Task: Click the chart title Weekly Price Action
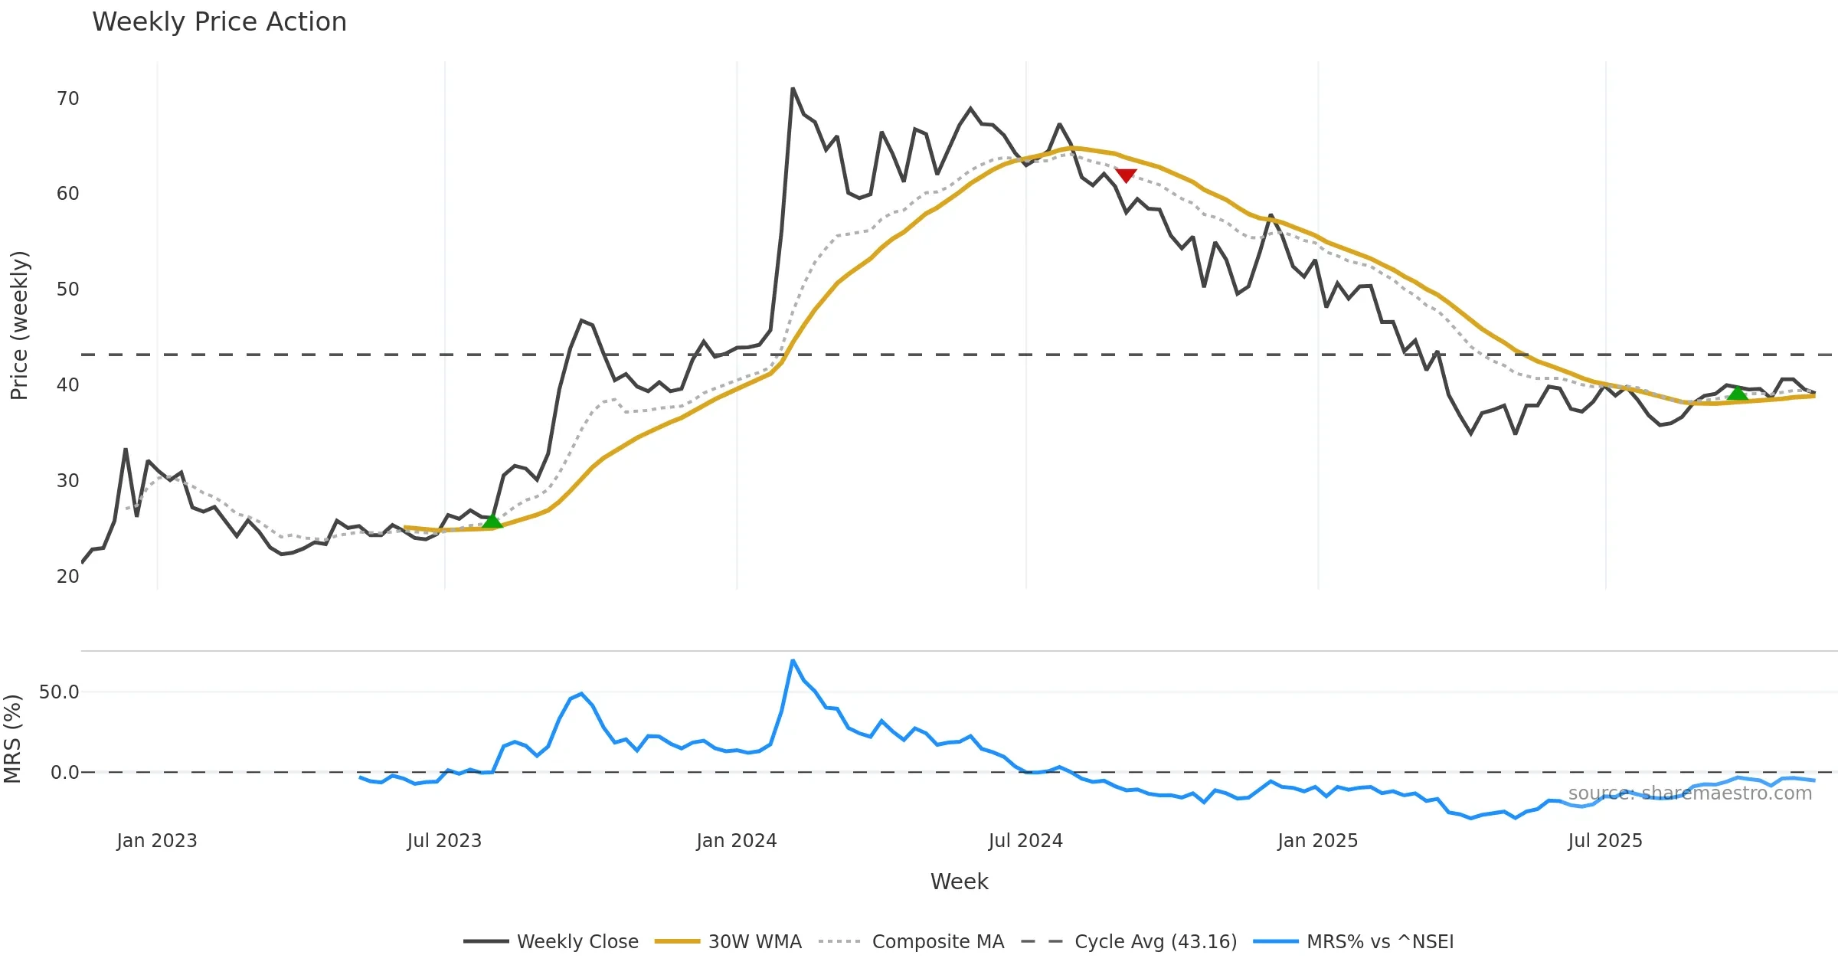pos(219,22)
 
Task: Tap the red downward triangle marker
pos(1125,175)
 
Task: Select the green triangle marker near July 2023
pos(492,522)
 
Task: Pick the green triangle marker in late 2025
pos(1738,394)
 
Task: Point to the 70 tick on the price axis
pos(67,99)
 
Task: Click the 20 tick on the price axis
pos(67,577)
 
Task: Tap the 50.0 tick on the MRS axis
pos(59,692)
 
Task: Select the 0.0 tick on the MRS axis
pos(64,773)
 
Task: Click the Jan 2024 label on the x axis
pos(736,841)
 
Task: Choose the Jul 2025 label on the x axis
pos(1604,841)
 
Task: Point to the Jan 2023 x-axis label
pos(157,841)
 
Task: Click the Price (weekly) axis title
pos(19,325)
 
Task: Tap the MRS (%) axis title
pos(13,739)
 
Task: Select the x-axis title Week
pos(959,882)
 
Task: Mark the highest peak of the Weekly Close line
pos(793,89)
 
